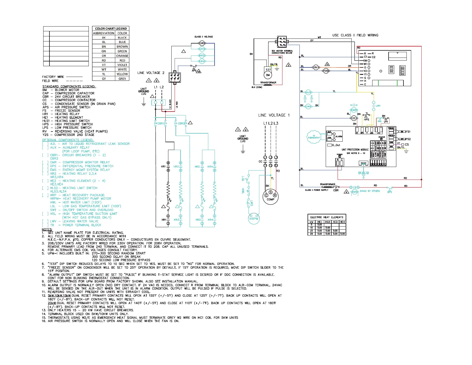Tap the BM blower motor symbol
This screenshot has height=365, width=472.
pos(268,75)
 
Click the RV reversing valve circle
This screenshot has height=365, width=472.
pos(316,67)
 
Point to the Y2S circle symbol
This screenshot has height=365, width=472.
pos(326,71)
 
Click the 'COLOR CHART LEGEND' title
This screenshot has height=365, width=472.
pos(111,29)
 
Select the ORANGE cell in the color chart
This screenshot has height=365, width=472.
pos(122,56)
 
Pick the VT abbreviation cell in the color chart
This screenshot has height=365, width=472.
pos(104,65)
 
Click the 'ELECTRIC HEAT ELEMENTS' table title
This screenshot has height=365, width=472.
pos(327,217)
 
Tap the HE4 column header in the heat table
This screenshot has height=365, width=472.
pos(342,222)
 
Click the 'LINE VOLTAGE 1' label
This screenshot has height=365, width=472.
pos(274,115)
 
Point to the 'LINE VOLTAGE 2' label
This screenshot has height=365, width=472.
pos(151,73)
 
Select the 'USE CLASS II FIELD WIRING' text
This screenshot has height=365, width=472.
pos(355,35)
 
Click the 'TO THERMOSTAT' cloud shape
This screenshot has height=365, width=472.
pos(314,137)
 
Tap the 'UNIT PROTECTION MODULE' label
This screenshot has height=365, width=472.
pos(355,150)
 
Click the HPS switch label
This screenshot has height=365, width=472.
pos(367,120)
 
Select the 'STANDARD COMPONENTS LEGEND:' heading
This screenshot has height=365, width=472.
pos(69,86)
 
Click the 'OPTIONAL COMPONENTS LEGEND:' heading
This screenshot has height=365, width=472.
pos(68,140)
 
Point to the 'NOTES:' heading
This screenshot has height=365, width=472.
pos(47,229)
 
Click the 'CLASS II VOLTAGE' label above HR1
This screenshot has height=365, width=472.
pos(204,37)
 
